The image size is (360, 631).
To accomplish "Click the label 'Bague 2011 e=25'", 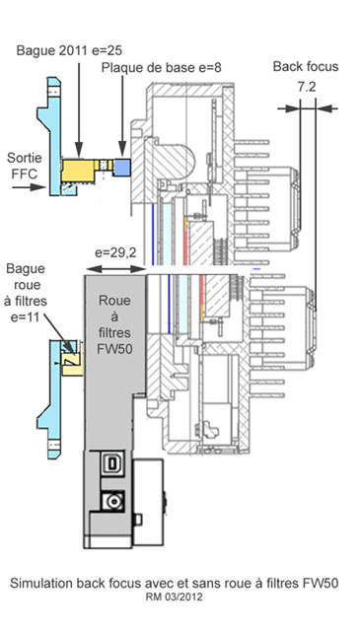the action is (x=69, y=51).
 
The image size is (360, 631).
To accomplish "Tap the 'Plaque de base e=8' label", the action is (x=161, y=68).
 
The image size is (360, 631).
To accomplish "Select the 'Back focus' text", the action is (x=306, y=67).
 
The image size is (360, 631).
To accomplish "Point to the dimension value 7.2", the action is (x=308, y=88).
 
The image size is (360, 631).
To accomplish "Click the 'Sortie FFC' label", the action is (x=24, y=166).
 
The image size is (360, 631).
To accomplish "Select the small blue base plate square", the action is (x=122, y=168).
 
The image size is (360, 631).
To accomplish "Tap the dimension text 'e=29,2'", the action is (x=115, y=253).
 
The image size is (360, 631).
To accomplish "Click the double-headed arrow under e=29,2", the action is (x=115, y=269).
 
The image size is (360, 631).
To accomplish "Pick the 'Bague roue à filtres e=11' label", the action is (x=26, y=293).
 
